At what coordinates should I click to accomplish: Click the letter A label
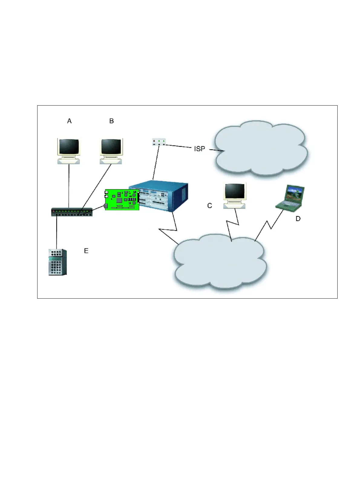(x=69, y=121)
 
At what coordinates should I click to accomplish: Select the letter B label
(x=111, y=121)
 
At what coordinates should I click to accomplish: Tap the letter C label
(x=209, y=206)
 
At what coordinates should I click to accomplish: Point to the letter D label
(x=298, y=218)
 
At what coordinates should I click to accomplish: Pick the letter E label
(x=86, y=251)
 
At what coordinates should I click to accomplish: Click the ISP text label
(x=199, y=149)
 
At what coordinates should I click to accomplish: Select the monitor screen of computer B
(x=111, y=147)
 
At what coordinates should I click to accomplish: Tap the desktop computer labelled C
(x=234, y=195)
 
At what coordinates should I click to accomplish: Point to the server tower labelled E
(x=57, y=262)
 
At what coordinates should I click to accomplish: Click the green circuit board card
(x=122, y=200)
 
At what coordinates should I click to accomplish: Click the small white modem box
(x=159, y=142)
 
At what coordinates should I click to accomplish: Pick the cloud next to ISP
(x=260, y=148)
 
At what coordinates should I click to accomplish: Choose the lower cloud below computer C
(x=219, y=262)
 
